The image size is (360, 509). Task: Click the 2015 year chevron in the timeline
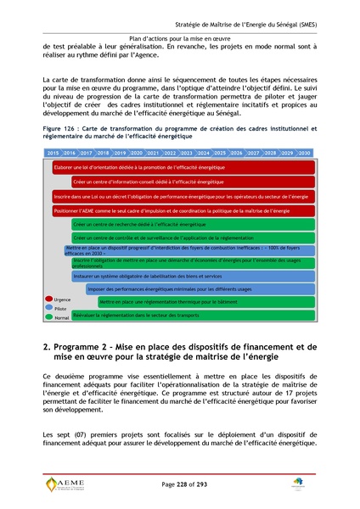[x=53, y=153]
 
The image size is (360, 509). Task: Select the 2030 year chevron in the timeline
[x=303, y=153]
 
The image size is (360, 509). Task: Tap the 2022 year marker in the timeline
[x=170, y=153]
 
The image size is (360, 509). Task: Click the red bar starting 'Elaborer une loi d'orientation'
[x=127, y=168]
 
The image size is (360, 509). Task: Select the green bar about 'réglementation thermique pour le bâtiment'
[x=170, y=302]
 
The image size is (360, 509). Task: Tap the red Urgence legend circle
[x=48, y=299]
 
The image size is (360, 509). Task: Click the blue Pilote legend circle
[x=48, y=309]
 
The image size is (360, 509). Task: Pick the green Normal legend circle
[x=48, y=317]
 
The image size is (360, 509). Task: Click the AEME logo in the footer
[x=65, y=484]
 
